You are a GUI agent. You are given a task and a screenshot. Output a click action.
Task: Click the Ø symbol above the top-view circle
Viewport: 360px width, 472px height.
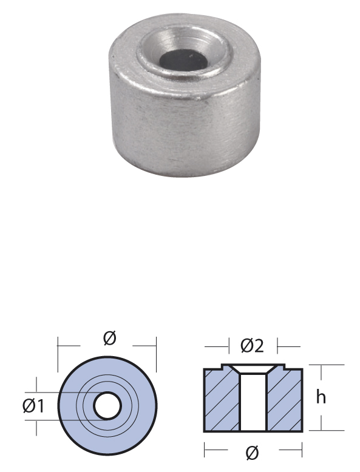109,339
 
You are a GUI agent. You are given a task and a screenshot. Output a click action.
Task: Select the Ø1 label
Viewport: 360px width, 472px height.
34,406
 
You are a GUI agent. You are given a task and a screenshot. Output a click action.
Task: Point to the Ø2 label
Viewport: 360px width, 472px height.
252,346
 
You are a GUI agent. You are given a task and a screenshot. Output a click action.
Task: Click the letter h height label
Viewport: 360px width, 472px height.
321,397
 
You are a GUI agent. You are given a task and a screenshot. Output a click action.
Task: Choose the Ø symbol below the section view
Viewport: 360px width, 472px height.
253,452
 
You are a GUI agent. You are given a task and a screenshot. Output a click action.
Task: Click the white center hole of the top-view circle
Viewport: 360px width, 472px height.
108,406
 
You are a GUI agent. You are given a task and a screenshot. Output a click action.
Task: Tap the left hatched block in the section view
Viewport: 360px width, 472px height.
222,400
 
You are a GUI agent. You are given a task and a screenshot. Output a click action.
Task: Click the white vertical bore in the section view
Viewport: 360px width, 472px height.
253,403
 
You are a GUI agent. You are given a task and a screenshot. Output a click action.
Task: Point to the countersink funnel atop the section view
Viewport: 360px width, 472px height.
253,369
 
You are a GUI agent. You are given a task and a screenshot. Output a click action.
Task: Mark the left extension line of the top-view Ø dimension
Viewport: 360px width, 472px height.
58,355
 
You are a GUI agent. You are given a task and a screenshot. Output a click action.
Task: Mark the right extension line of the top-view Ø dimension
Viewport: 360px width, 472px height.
157,355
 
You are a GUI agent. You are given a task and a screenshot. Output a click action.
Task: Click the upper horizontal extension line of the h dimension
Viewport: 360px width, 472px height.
328,365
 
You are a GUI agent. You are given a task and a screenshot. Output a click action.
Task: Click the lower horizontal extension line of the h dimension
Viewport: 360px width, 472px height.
328,430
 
